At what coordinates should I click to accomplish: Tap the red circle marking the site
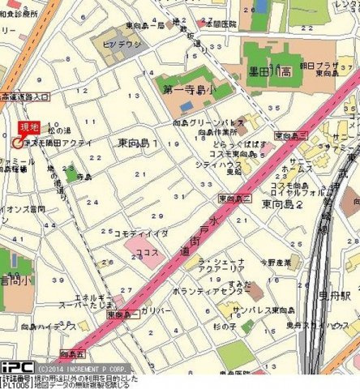(x=18, y=143)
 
